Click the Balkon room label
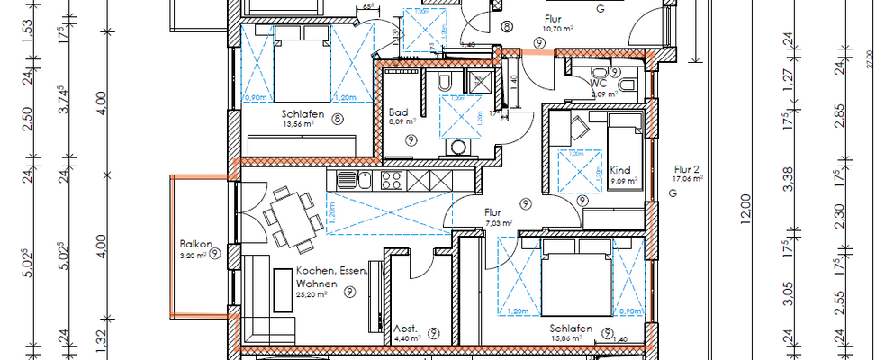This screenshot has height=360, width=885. pyautogui.click(x=194, y=243)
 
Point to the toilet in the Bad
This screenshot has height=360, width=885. pyautogui.click(x=444, y=83)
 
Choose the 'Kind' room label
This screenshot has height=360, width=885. pyautogui.click(x=620, y=169)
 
